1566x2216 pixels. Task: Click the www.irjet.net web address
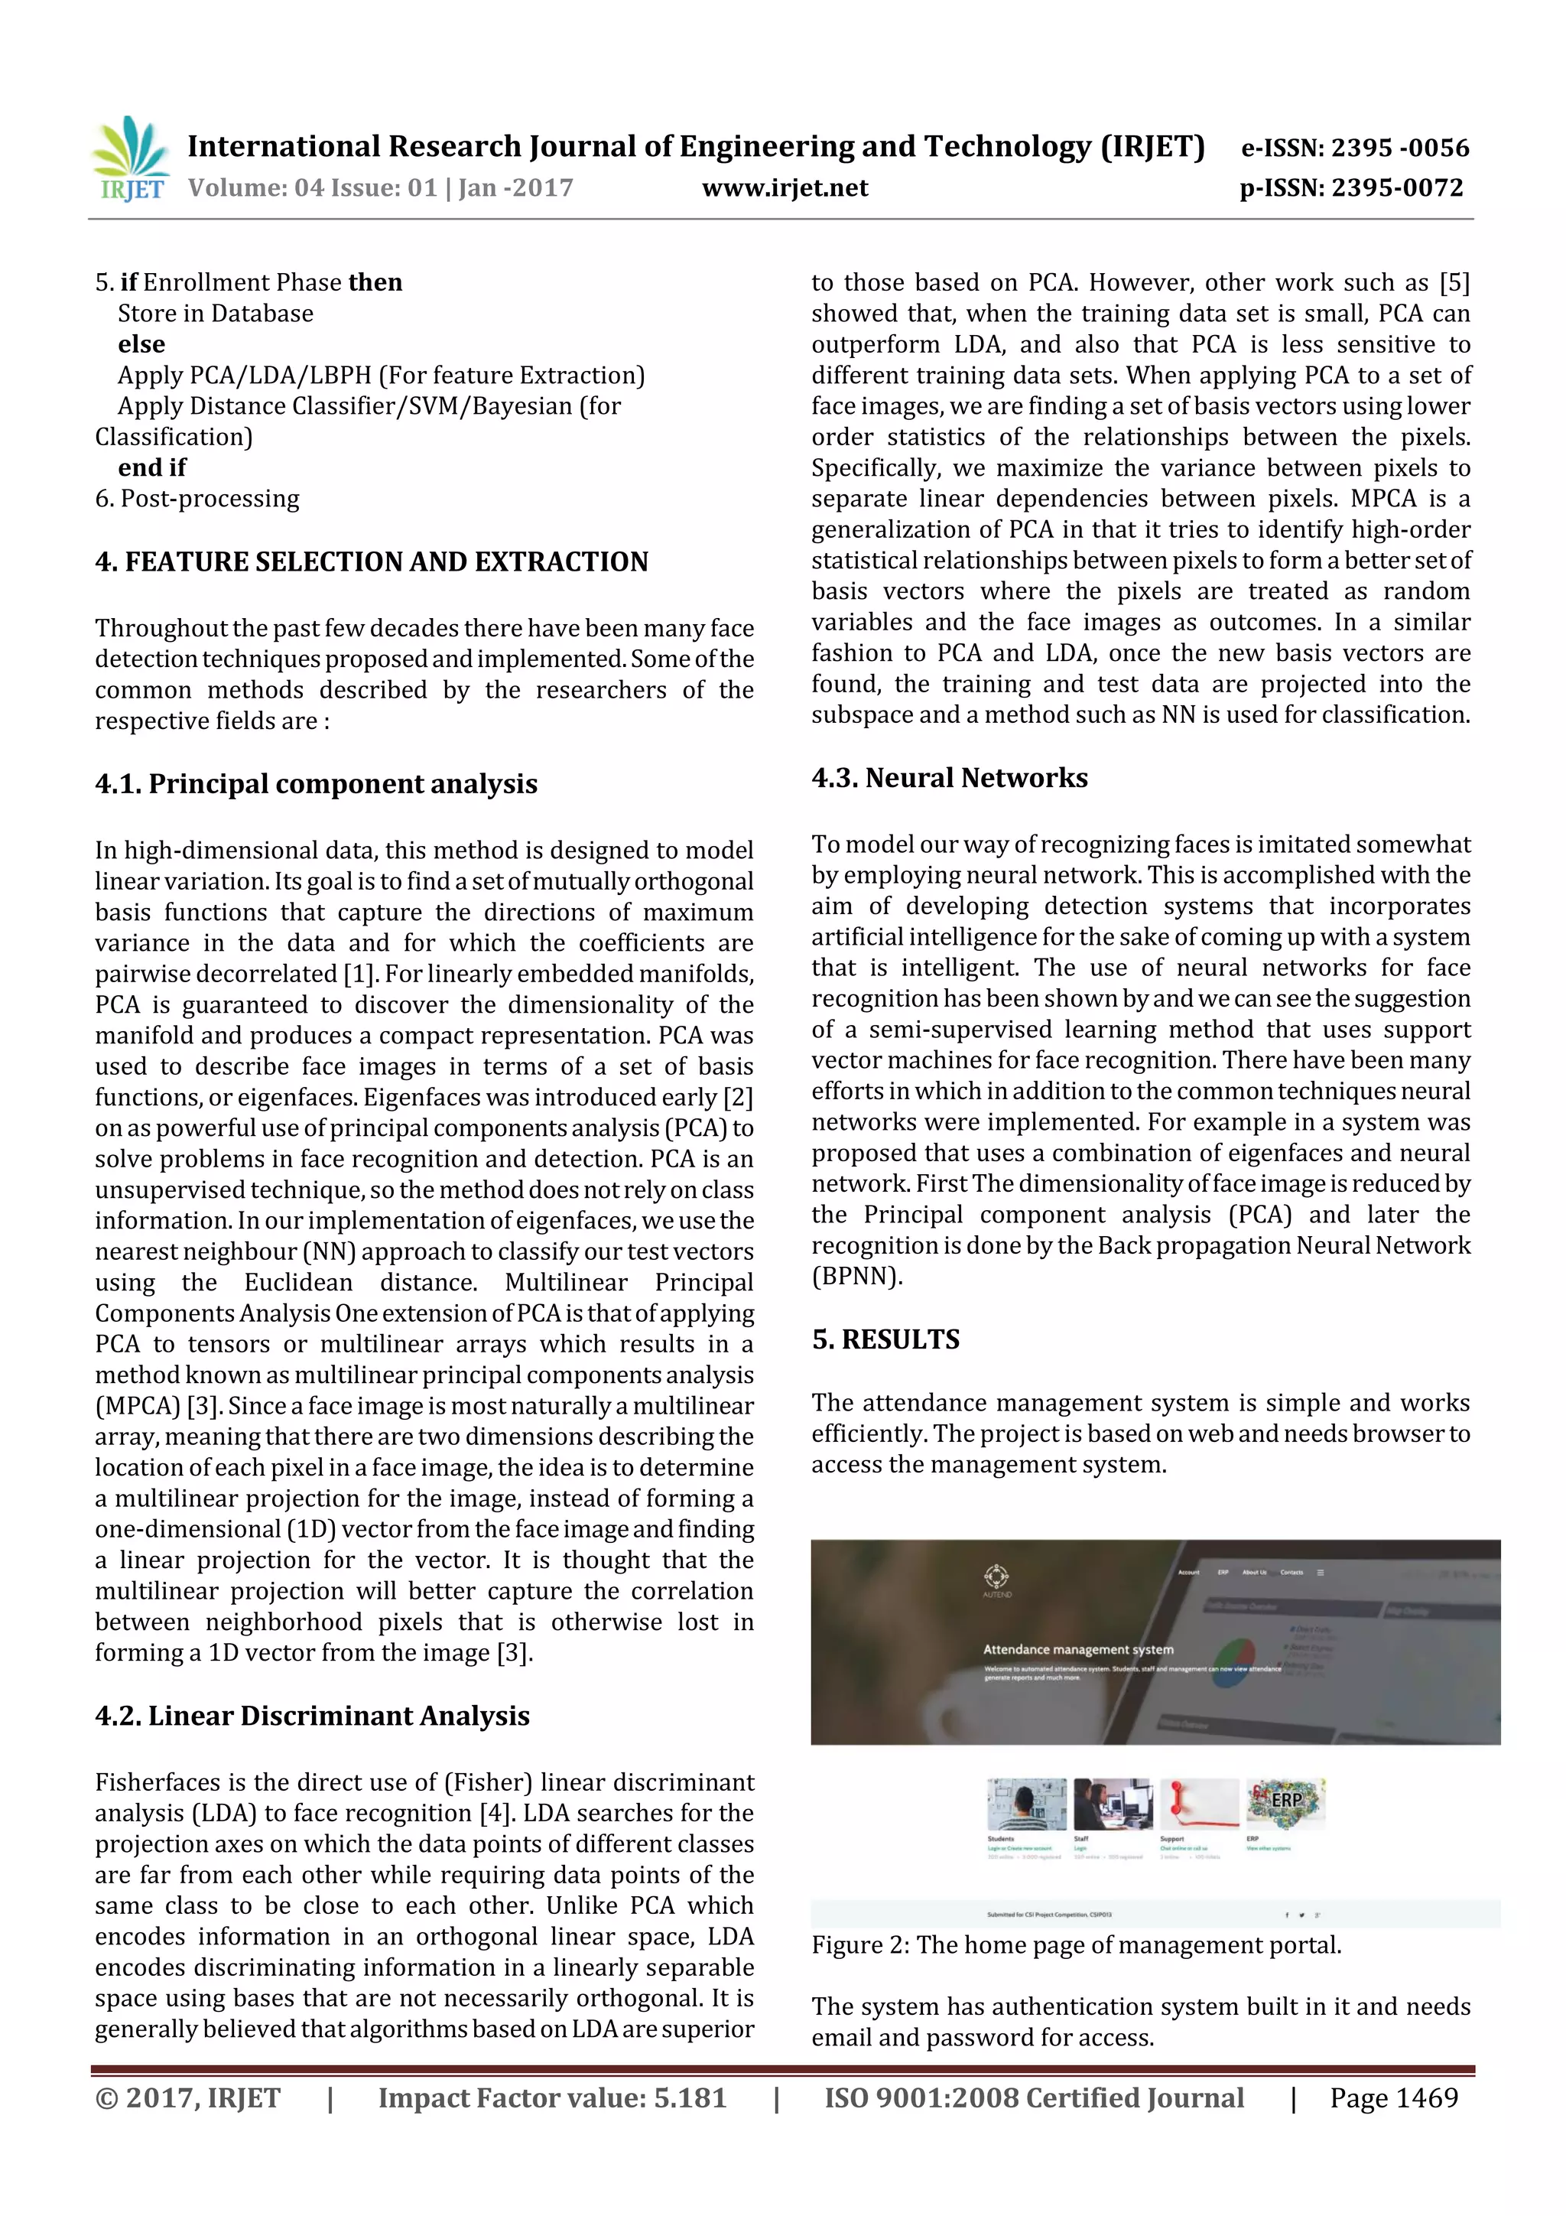point(785,187)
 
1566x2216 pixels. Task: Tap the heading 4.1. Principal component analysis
point(317,784)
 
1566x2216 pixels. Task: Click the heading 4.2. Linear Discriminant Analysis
point(313,1715)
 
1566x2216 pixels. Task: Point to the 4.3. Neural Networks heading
point(950,778)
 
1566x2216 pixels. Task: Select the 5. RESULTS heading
point(885,1339)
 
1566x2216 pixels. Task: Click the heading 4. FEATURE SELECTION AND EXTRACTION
point(372,561)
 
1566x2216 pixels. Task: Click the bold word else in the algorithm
point(141,344)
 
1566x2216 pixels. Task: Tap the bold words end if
point(151,468)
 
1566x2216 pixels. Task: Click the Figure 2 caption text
point(1076,1944)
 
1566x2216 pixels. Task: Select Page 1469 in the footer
point(1393,2097)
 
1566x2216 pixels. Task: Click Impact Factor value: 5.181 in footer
point(552,2097)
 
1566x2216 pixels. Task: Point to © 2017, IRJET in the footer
point(188,2097)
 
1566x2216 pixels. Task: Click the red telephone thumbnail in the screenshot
point(1198,1804)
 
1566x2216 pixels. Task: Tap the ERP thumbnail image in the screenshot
point(1285,1803)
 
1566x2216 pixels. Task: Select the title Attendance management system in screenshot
point(1077,1649)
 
